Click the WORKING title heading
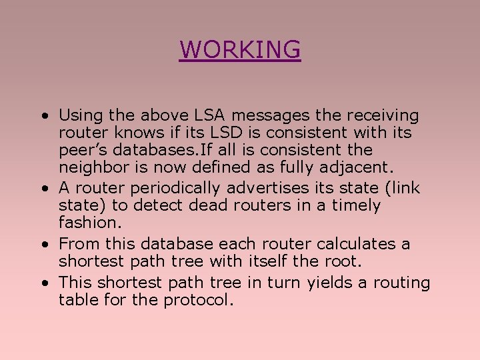click(240, 49)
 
